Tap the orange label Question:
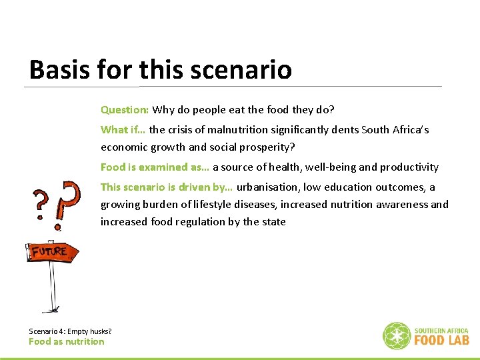pyautogui.click(x=125, y=109)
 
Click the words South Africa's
pyautogui.click(x=395, y=129)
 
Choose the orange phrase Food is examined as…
pyautogui.click(x=155, y=167)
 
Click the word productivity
pyautogui.click(x=408, y=167)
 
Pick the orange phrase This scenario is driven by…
pyautogui.click(x=167, y=187)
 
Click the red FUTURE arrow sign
pyautogui.click(x=51, y=251)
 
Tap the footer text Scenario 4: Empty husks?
pyautogui.click(x=70, y=331)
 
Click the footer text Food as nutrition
pyautogui.click(x=66, y=341)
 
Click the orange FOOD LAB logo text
pyautogui.click(x=441, y=340)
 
